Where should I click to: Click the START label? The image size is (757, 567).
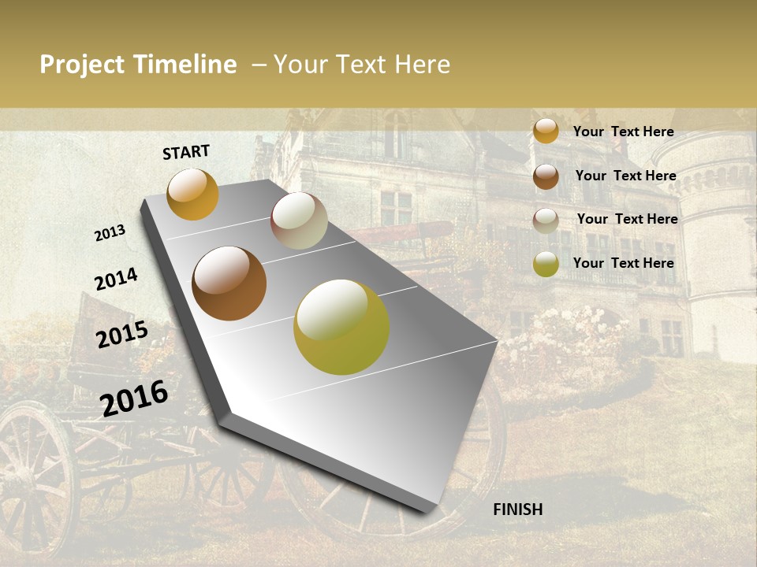click(x=186, y=152)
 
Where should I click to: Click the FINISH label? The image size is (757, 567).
click(x=517, y=510)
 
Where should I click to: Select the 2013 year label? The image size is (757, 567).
click(x=110, y=233)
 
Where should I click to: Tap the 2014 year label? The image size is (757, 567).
click(x=116, y=279)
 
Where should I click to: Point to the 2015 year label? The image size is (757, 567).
click(x=122, y=335)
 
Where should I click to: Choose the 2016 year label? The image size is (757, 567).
click(x=134, y=398)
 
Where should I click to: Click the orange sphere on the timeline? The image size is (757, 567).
click(x=192, y=195)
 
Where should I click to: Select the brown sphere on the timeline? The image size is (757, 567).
click(x=229, y=283)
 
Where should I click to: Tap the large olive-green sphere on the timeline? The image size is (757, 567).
click(x=341, y=327)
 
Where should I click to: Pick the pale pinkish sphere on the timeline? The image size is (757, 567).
click(x=299, y=220)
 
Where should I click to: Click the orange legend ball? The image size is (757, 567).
click(x=546, y=131)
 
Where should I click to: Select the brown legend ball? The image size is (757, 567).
click(x=546, y=176)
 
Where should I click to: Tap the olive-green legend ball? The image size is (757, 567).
click(x=546, y=264)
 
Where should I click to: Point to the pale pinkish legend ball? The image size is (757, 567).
click(x=546, y=220)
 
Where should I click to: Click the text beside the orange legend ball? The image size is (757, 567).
click(x=623, y=132)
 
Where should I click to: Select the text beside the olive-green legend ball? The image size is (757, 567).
click(x=623, y=263)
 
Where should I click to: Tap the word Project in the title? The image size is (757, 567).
click(x=83, y=65)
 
